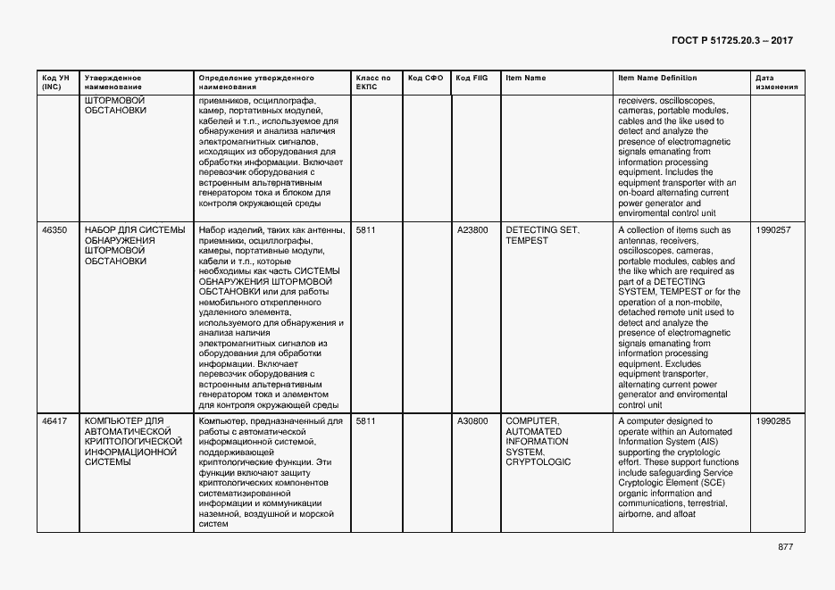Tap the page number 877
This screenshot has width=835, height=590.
point(785,547)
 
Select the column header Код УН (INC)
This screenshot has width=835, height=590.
point(52,83)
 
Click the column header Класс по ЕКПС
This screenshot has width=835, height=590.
point(372,83)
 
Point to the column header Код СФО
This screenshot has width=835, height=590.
point(425,79)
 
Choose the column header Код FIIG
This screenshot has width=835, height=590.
point(472,79)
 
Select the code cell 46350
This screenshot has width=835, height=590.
point(54,230)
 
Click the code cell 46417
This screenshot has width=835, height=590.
point(54,421)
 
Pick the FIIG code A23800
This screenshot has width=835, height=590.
point(472,230)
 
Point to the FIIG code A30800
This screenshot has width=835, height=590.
point(472,421)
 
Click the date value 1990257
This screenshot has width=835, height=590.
point(772,230)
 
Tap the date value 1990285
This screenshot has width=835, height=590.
point(772,421)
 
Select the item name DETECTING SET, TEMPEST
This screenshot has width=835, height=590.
point(542,236)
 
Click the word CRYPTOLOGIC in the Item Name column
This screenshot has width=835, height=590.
point(538,462)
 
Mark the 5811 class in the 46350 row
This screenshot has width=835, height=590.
point(366,230)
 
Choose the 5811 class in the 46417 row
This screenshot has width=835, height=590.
point(366,421)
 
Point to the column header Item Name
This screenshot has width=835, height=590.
point(525,79)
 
